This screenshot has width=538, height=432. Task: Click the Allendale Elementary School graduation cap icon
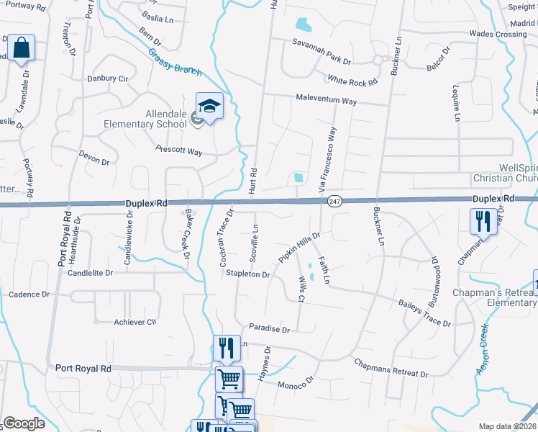[x=209, y=107]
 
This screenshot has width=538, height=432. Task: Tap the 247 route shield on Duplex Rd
[x=334, y=202]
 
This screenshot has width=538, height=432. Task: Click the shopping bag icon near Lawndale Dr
[x=22, y=49]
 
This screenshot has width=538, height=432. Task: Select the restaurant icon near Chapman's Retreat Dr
[x=483, y=221]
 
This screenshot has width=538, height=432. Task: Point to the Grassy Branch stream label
[x=176, y=61]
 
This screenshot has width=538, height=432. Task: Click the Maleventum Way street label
[x=327, y=102]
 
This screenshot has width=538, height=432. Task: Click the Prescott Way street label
[x=179, y=151]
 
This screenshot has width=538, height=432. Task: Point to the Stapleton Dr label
[x=247, y=274]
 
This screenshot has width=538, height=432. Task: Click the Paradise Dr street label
[x=269, y=329]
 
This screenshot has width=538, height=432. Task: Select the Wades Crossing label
[x=498, y=34]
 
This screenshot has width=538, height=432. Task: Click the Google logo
[x=24, y=423]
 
